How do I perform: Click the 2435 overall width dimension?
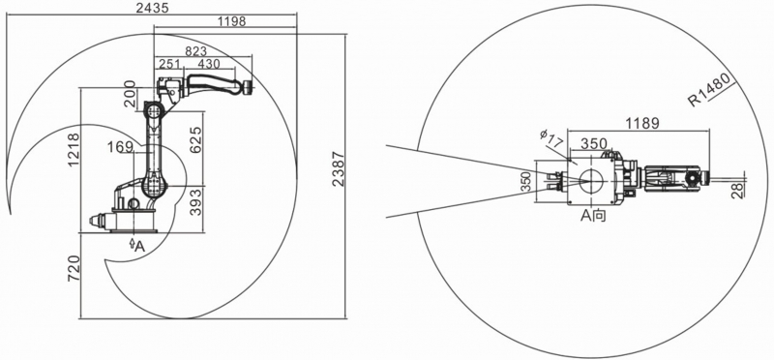coord(153,8)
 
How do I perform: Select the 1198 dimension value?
coord(231,21)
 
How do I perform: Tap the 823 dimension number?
coord(196,51)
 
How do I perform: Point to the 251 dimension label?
coord(169,64)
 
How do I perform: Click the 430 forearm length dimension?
coord(209,64)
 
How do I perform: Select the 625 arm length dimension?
coord(195,140)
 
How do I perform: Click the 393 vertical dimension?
coord(196,201)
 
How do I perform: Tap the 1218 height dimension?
coord(74,150)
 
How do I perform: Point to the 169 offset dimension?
coord(121,147)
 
